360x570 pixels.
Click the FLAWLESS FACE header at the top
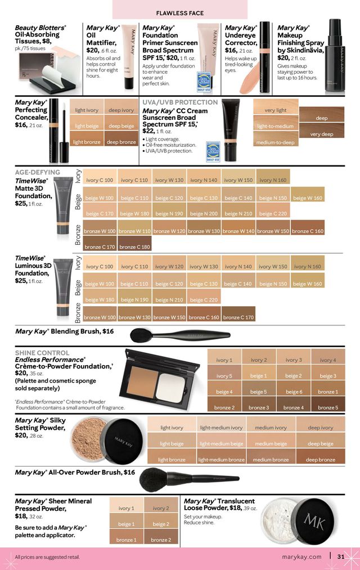(179, 12)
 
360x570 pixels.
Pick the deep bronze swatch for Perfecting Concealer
(121, 142)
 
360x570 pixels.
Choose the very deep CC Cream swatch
(322, 134)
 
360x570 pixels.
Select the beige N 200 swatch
(204, 214)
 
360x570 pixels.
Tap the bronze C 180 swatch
(134, 246)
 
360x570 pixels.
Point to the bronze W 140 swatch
(238, 231)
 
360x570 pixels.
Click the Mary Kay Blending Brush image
(180, 335)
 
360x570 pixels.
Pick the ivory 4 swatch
(327, 360)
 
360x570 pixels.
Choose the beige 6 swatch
(293, 392)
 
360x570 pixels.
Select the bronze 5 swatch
(327, 407)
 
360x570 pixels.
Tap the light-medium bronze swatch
(221, 459)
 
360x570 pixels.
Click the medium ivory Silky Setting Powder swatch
(271, 428)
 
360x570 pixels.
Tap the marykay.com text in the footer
(301, 557)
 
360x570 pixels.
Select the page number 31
(341, 557)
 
